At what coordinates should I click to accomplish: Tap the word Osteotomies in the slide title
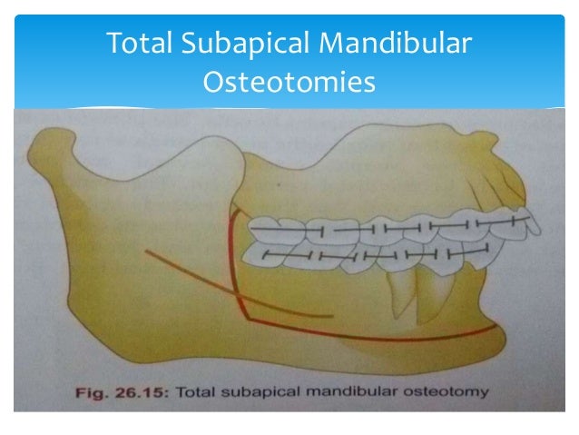click(289, 83)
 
